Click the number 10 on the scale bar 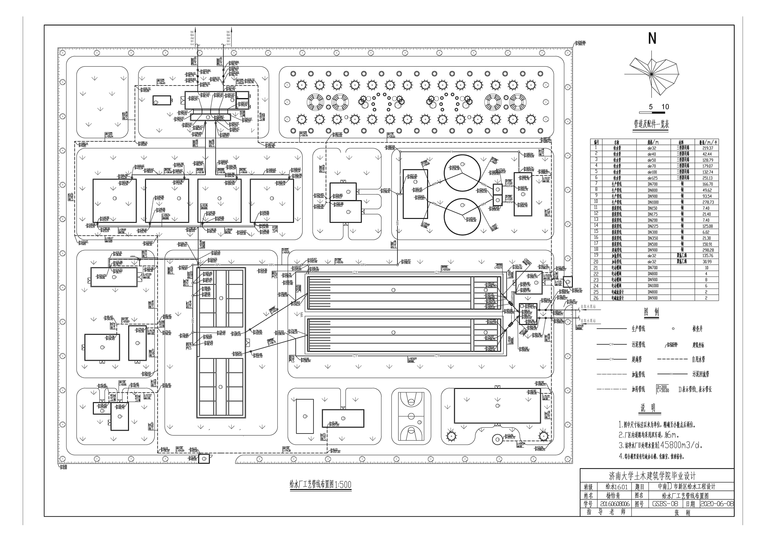(x=665, y=107)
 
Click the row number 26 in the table (x=596, y=298)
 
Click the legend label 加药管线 (x=638, y=389)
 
